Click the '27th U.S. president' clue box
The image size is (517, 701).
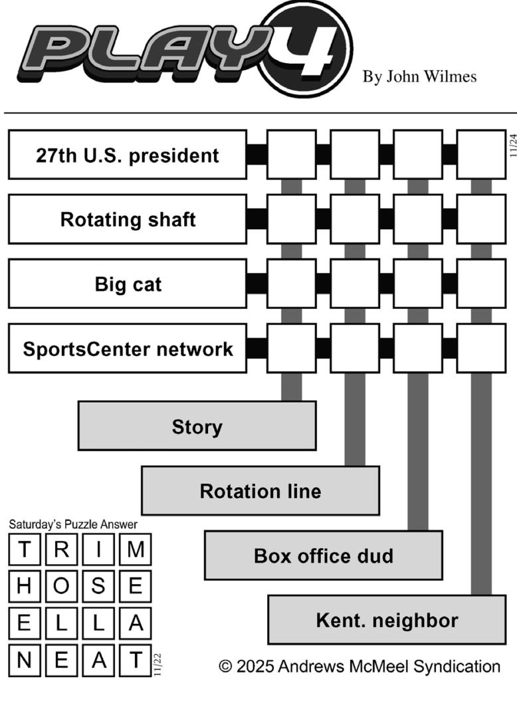127,155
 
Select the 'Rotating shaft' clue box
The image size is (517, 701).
127,219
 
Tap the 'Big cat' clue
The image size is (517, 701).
127,284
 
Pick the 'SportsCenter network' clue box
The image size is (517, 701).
127,348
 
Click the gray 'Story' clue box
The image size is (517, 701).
197,426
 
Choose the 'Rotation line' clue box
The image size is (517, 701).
260,491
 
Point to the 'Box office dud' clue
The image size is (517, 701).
323,555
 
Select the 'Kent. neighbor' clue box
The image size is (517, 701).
386,621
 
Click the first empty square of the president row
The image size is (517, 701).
291,155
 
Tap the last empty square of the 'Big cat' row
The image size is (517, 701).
481,284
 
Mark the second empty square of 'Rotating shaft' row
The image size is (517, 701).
354,219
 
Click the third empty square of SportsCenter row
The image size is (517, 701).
417,348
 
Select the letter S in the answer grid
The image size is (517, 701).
98,586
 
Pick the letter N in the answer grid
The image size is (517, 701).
24,660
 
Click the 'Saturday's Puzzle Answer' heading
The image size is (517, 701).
73,524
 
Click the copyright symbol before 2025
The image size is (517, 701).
226,666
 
